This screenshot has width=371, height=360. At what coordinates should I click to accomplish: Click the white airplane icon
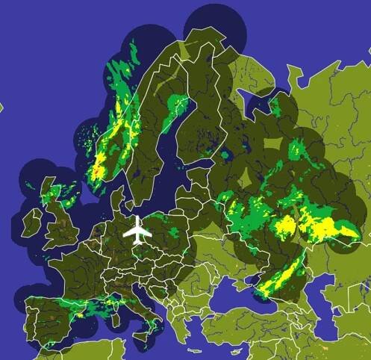[137, 230]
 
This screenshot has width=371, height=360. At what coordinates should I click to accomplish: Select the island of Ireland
[32, 220]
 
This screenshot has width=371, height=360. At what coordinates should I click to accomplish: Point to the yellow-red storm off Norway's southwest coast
[98, 168]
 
